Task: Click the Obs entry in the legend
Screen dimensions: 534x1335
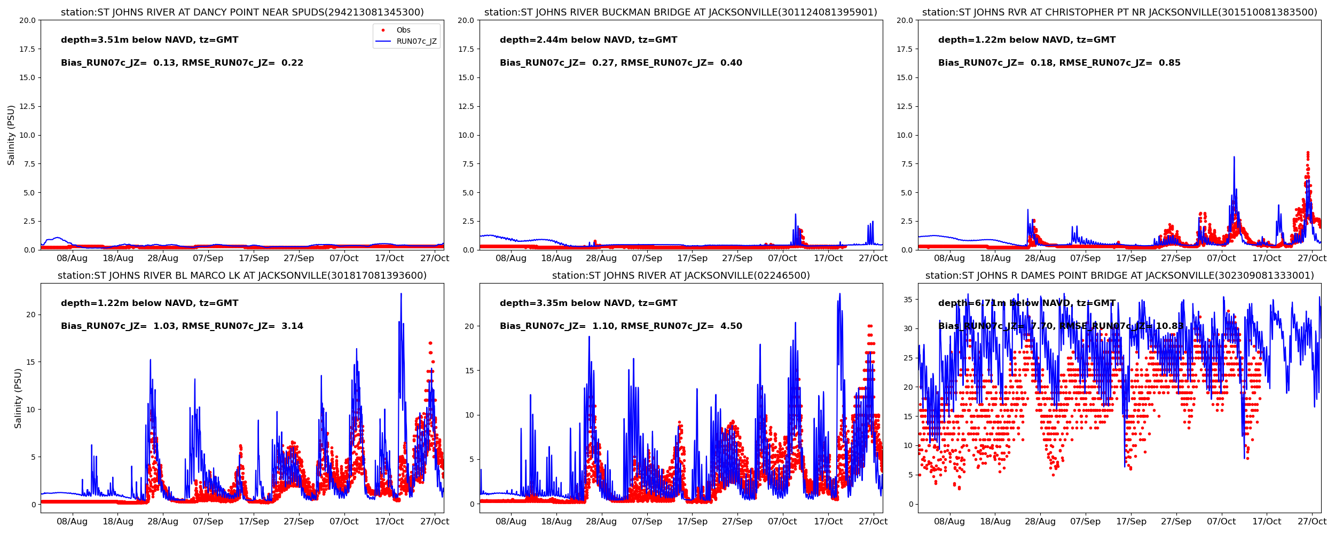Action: click(x=403, y=30)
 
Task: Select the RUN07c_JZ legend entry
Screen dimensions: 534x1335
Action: click(x=416, y=41)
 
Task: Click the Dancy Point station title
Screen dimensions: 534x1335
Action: click(x=242, y=12)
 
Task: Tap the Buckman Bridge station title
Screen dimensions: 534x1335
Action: click(x=680, y=12)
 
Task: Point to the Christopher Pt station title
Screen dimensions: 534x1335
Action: click(x=1119, y=12)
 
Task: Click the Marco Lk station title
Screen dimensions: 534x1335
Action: click(x=242, y=276)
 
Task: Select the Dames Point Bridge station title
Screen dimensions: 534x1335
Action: click(x=1119, y=276)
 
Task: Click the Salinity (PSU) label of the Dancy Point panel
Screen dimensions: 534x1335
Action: click(x=11, y=135)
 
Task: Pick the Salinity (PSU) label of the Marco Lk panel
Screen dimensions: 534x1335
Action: click(x=18, y=398)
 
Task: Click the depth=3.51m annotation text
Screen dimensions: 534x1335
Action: click(x=150, y=40)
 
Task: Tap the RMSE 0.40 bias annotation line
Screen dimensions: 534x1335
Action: click(x=621, y=63)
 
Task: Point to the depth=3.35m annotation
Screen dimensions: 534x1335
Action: click(x=588, y=303)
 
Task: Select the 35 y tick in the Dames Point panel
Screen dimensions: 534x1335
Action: click(x=907, y=300)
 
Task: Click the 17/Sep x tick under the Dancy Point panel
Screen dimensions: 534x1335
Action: click(x=254, y=258)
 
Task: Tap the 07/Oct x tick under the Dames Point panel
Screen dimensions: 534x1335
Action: click(x=1221, y=521)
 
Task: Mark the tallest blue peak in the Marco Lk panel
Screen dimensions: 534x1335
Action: click(x=401, y=294)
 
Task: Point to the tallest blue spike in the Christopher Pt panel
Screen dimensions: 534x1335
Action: click(x=1234, y=157)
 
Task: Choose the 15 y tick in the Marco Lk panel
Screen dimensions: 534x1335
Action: click(x=30, y=362)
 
